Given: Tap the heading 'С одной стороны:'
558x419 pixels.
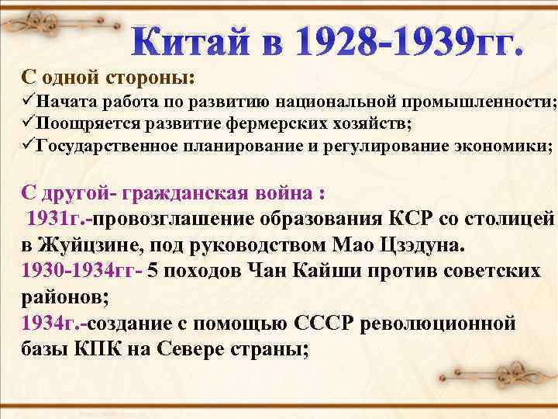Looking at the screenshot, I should (x=108, y=78).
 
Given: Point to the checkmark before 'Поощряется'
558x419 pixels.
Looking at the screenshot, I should (x=28, y=123).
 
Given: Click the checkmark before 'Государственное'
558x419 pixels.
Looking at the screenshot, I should (x=28, y=145).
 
